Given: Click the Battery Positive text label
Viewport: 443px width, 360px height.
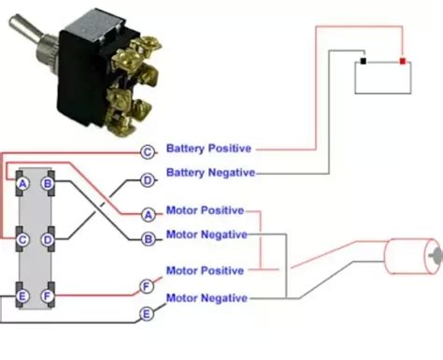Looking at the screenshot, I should pyautogui.click(x=210, y=149).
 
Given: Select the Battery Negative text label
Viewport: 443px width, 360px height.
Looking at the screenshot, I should pyautogui.click(x=210, y=173).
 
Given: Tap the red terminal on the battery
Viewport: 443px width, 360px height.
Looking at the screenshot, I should pyautogui.click(x=403, y=62).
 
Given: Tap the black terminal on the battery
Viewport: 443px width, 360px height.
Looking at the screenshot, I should pyautogui.click(x=362, y=63).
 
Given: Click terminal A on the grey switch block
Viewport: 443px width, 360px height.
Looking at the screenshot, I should pyautogui.click(x=21, y=184).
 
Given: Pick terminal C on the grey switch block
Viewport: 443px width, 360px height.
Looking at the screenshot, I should pyautogui.click(x=21, y=240).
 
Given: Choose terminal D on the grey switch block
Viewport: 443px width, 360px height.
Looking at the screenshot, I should pyautogui.click(x=48, y=240).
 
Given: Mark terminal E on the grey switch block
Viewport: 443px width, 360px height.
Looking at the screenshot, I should pyautogui.click(x=21, y=297).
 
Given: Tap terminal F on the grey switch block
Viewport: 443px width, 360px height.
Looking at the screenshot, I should pyautogui.click(x=48, y=297).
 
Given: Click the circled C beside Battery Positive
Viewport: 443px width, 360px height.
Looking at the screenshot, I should pyautogui.click(x=147, y=151).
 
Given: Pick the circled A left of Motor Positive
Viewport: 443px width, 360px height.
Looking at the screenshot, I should pyautogui.click(x=147, y=214).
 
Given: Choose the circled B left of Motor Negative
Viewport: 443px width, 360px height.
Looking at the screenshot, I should pyautogui.click(x=147, y=238).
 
